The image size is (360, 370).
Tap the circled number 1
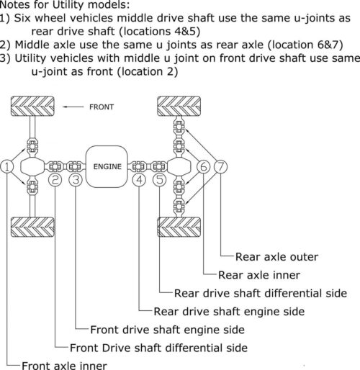pos(7,167)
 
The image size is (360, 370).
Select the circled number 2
pos(55,180)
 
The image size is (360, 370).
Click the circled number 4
pos(140,180)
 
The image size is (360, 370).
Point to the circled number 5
pos(159,180)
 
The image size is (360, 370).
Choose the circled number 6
pos(204,167)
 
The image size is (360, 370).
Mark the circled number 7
pos(221,167)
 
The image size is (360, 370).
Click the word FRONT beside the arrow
pos(102,107)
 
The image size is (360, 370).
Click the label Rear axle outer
pos(277,256)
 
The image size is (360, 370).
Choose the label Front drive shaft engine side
pos(167,330)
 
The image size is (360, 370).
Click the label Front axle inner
pos(64,365)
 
